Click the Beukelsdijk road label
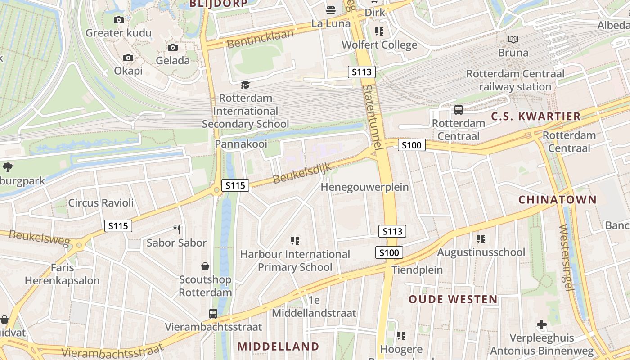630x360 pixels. (302, 173)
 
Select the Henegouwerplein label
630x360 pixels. (364, 187)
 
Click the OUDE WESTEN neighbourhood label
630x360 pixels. (453, 299)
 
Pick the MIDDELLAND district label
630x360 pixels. (278, 346)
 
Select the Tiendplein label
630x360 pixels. (417, 270)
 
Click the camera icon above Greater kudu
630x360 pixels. (119, 20)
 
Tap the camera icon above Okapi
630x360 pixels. (128, 58)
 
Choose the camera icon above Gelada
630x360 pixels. (173, 47)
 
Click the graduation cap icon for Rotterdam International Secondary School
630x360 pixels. (245, 85)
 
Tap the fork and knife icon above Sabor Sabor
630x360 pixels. (177, 229)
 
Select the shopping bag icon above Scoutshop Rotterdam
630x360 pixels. (205, 266)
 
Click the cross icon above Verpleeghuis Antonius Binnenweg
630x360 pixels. (542, 324)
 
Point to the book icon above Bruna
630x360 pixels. (513, 40)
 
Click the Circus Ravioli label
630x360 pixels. (101, 203)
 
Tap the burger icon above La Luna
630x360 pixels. (331, 10)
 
